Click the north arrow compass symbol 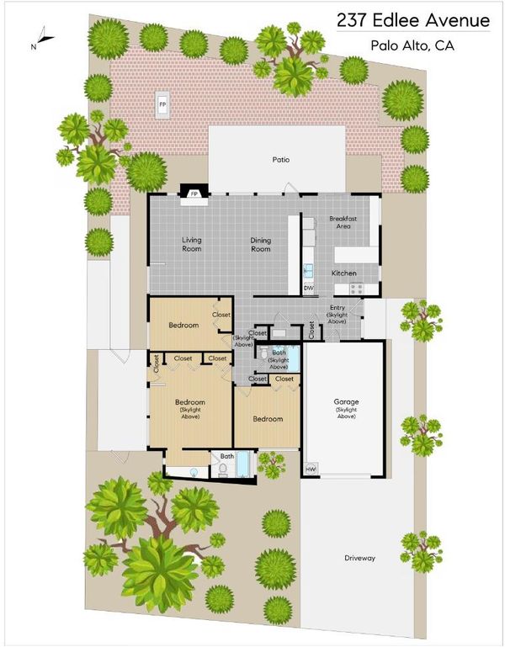pyautogui.click(x=44, y=38)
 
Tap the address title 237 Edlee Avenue pyautogui.click(x=413, y=20)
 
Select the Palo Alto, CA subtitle pyautogui.click(x=412, y=45)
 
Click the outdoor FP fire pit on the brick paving pyautogui.click(x=162, y=105)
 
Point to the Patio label pyautogui.click(x=281, y=159)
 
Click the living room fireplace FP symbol pyautogui.click(x=194, y=194)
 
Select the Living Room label pyautogui.click(x=192, y=244)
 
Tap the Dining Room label pyautogui.click(x=261, y=244)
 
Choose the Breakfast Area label pyautogui.click(x=343, y=222)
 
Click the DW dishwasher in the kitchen pyautogui.click(x=309, y=288)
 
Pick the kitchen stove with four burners pyautogui.click(x=357, y=288)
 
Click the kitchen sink pyautogui.click(x=308, y=271)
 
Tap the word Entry pyautogui.click(x=338, y=307)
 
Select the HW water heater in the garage pyautogui.click(x=311, y=469)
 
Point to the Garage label pyautogui.click(x=346, y=401)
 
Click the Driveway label pyautogui.click(x=360, y=558)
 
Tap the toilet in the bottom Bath pyautogui.click(x=222, y=470)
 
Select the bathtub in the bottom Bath pyautogui.click(x=242, y=464)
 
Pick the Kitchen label pyautogui.click(x=344, y=273)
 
